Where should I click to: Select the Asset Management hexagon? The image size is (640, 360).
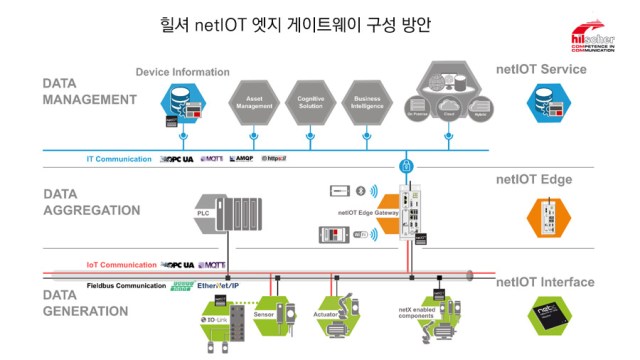[x=254, y=102]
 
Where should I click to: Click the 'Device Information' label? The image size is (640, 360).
[x=182, y=72]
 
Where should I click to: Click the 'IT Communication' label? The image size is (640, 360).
[x=118, y=159]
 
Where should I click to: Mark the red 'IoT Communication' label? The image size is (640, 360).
[x=120, y=265]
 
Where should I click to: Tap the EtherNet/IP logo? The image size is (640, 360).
[x=226, y=286]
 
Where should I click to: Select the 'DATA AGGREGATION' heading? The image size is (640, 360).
[x=93, y=202]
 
